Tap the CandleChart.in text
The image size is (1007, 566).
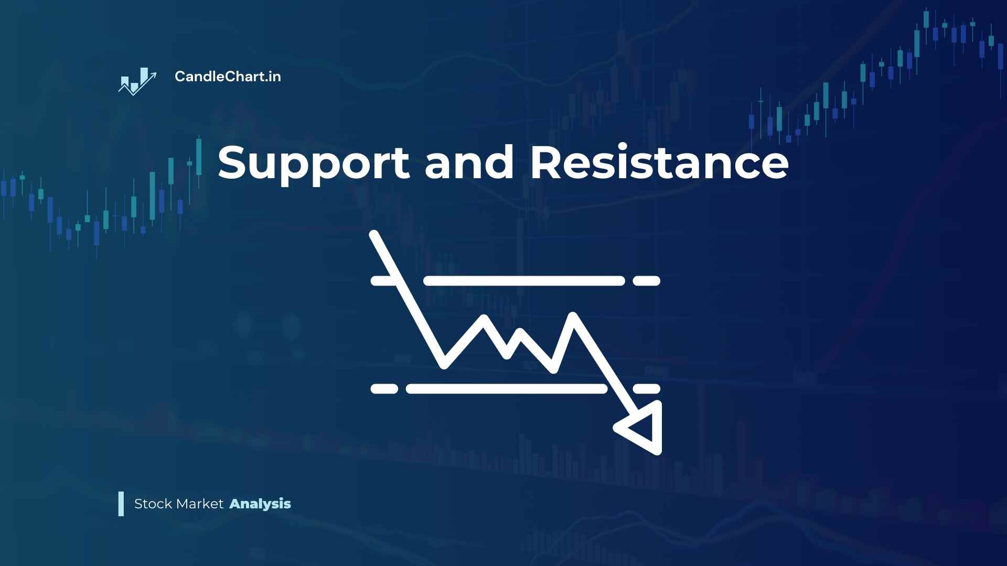(x=228, y=77)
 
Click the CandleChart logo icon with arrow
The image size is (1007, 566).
(x=137, y=82)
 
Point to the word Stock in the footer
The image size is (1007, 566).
(x=153, y=504)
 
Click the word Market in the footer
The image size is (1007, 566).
(x=200, y=504)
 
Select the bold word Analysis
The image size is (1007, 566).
(x=260, y=504)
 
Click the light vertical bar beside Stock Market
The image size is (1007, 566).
(x=121, y=504)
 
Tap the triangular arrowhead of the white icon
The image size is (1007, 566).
(x=643, y=428)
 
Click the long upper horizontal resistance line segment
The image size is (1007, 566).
(x=524, y=280)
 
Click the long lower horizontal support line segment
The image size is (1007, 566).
(x=507, y=388)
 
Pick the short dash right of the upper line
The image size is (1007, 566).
(x=646, y=280)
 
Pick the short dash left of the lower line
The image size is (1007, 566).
(x=384, y=388)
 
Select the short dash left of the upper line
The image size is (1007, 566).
(x=383, y=280)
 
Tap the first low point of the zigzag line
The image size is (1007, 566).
(x=445, y=363)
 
